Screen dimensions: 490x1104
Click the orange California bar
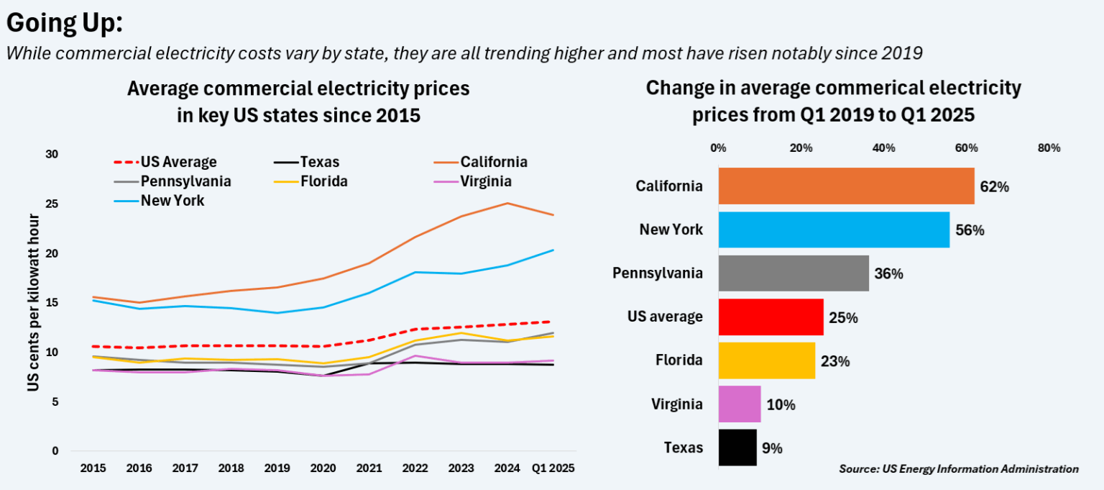pos(846,186)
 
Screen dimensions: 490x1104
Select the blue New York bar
pos(834,230)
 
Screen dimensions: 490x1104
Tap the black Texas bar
pos(737,448)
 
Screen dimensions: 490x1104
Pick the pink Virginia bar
pos(740,404)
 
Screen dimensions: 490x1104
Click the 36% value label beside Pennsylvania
pos(888,274)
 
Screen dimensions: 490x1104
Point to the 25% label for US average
pos(843,318)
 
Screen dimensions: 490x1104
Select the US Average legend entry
pos(166,162)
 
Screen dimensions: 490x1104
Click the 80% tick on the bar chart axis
pos(1049,148)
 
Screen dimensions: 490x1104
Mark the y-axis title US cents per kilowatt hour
pos(33,302)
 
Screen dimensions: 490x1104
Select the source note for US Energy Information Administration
pos(958,469)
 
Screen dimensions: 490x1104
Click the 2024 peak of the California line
pos(507,203)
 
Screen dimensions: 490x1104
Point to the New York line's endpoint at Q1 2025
pos(553,250)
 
